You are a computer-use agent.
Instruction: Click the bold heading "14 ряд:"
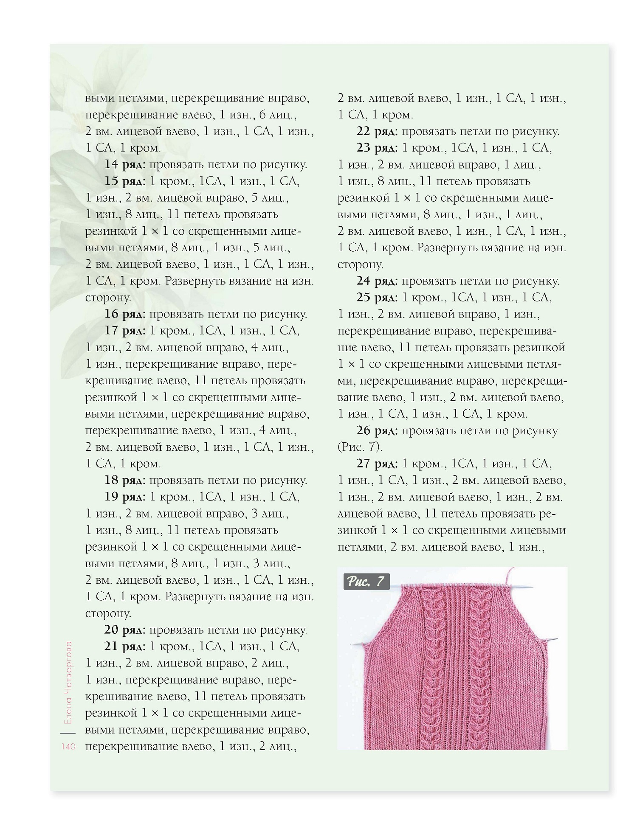125,165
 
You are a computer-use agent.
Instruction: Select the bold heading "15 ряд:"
125,181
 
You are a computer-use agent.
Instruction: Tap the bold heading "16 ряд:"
125,314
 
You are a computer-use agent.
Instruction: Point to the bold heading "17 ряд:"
125,331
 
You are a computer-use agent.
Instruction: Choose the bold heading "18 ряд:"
125,481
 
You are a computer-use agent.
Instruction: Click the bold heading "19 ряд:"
125,497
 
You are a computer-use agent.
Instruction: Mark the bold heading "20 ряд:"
125,630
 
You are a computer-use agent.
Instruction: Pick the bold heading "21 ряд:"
125,647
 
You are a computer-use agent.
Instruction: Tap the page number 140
68,747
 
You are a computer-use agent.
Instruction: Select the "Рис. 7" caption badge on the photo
366,581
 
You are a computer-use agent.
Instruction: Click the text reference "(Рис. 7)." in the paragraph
360,447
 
